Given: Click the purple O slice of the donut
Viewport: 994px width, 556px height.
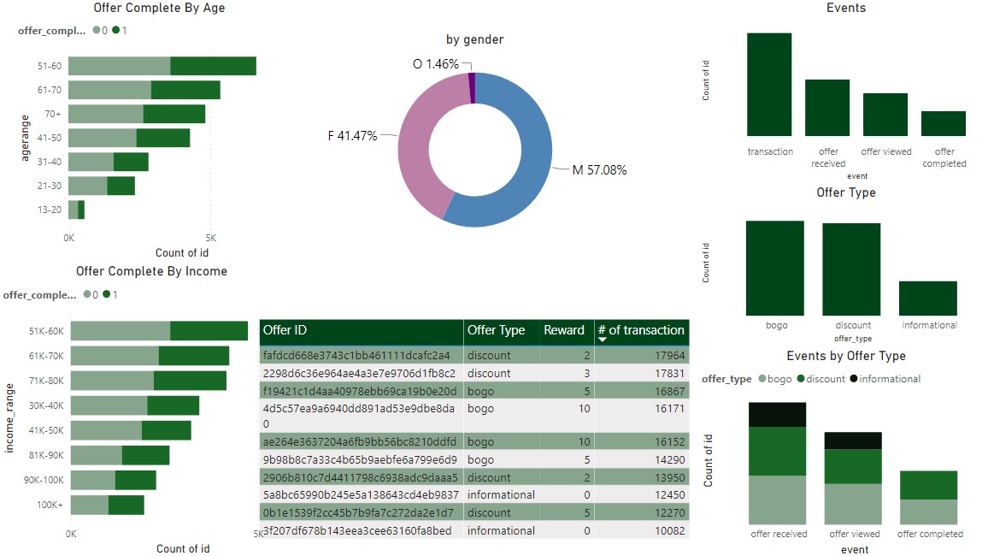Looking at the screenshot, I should tap(472, 87).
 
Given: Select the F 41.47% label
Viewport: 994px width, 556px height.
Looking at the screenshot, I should tap(352, 136).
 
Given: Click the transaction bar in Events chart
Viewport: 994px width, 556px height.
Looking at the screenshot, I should tap(769, 84).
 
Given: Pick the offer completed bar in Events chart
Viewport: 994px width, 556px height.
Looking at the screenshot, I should tap(944, 123).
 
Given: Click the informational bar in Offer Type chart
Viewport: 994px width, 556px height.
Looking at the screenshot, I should tap(928, 298).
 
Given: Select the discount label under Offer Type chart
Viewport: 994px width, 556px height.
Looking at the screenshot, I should tap(853, 325).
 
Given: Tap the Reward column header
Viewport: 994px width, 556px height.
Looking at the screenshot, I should tap(564, 330).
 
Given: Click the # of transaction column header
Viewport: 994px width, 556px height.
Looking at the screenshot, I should tap(641, 330).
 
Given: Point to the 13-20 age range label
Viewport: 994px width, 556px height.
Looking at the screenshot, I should tap(49, 210).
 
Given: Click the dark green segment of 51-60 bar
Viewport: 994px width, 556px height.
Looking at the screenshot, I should tap(213, 66).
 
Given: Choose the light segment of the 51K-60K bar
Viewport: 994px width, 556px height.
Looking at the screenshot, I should tap(121, 331).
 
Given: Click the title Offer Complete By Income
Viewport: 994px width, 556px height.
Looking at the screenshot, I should tap(152, 271).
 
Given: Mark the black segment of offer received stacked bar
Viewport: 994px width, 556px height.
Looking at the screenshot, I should tap(778, 414).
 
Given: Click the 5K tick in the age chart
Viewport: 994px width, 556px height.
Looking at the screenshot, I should tap(210, 238).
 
